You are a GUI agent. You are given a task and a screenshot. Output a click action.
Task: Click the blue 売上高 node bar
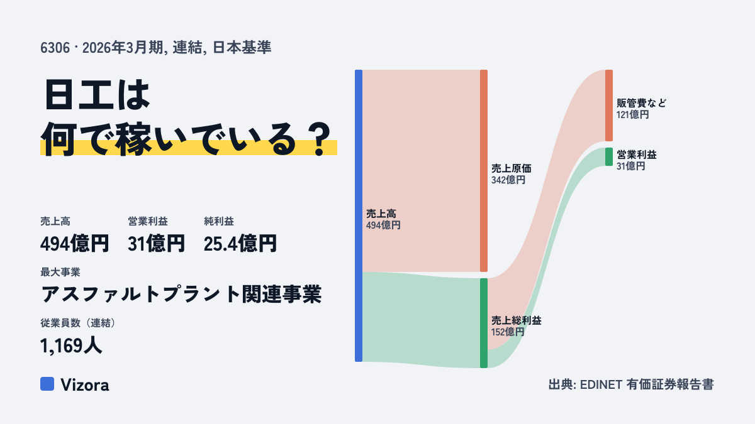pyautogui.click(x=359, y=215)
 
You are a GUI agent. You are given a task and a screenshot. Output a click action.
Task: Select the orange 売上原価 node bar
pyautogui.click(x=484, y=171)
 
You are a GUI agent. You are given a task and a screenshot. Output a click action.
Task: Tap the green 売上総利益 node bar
pyautogui.click(x=484, y=323)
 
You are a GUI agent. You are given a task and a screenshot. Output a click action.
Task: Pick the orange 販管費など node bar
pyautogui.click(x=609, y=106)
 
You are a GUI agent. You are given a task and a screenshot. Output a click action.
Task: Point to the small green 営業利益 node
pyautogui.click(x=609, y=157)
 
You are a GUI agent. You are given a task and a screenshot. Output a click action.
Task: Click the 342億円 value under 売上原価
pyautogui.click(x=508, y=180)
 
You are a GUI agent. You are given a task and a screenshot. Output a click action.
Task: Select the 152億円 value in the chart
pyautogui.click(x=508, y=332)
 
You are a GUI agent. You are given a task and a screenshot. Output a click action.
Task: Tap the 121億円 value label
pyautogui.click(x=633, y=115)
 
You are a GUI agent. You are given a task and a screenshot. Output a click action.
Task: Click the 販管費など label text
pyautogui.click(x=641, y=103)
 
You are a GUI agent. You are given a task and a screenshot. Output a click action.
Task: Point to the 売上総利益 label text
pyautogui.click(x=517, y=320)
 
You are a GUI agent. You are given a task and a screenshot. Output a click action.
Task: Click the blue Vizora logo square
pyautogui.click(x=47, y=384)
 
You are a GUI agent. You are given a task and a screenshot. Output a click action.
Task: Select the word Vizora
pyautogui.click(x=85, y=385)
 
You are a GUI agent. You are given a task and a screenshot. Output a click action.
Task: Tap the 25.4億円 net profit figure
pyautogui.click(x=240, y=243)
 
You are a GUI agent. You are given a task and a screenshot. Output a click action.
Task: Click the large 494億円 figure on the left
pyautogui.click(x=74, y=243)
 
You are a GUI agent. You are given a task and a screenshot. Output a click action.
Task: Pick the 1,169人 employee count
pyautogui.click(x=70, y=345)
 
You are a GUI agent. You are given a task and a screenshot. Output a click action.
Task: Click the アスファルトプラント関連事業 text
pyautogui.click(x=181, y=294)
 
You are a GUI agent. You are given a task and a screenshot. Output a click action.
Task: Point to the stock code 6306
pyautogui.click(x=55, y=48)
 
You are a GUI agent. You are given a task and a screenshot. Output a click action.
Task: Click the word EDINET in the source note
pyautogui.click(x=601, y=385)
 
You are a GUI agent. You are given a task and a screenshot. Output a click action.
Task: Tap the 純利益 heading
pyautogui.click(x=219, y=221)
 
